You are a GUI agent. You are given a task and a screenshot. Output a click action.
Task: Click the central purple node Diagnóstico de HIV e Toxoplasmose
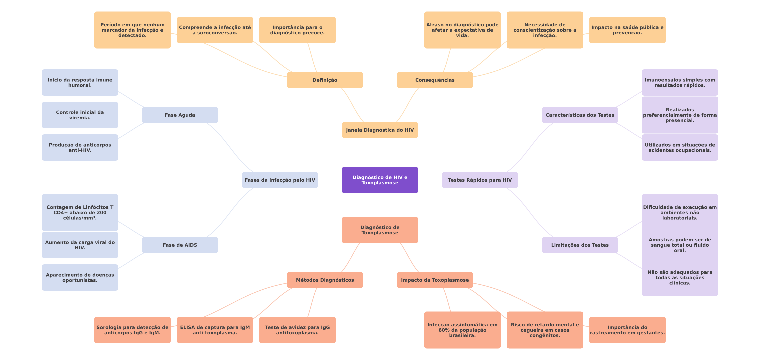coord(380,180)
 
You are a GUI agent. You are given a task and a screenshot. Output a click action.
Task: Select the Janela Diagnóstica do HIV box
coord(380,130)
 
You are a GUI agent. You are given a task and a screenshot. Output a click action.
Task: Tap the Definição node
coord(325,80)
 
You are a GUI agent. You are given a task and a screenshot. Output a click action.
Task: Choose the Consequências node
coord(435,80)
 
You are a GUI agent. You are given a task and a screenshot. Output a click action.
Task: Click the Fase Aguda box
coord(180,115)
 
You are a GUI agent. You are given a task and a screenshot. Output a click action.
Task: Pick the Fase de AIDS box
coord(180,245)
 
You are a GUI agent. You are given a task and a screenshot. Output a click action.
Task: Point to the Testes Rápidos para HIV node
coord(480,180)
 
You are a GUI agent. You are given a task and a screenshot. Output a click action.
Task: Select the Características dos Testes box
coord(580,115)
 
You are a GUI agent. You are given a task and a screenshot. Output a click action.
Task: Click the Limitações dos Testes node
coord(580,245)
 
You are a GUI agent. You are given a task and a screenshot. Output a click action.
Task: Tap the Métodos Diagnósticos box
coord(325,280)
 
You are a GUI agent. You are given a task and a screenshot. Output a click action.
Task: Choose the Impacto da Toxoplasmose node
coord(435,280)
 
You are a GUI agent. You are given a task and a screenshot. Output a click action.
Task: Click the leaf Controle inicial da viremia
coord(80,115)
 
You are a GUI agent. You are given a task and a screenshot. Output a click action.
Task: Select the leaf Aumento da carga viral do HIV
coord(80,245)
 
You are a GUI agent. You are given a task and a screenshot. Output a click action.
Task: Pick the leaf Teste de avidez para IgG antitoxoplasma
coord(297,330)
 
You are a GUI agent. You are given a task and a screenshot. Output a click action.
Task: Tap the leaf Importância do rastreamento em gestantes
coord(627,330)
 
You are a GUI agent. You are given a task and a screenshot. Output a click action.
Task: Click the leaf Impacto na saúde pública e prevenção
coord(627,30)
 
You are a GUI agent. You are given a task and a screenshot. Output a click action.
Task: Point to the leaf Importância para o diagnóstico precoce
coord(297,30)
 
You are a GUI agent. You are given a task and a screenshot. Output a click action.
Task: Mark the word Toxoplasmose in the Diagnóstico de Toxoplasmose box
coord(380,233)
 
